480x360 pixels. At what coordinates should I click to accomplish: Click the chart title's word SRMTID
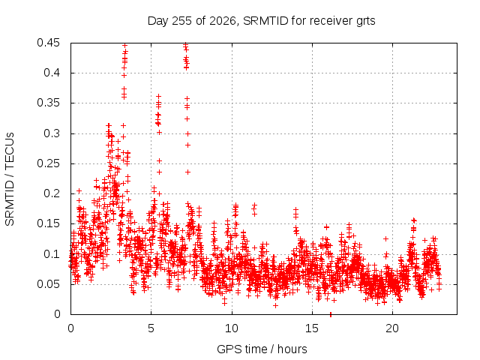(x=265, y=21)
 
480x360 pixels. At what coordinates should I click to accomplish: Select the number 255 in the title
(x=182, y=21)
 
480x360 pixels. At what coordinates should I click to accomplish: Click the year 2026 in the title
(x=223, y=21)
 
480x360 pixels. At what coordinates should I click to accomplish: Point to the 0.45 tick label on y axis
(x=48, y=43)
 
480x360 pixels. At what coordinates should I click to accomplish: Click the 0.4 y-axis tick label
(x=52, y=73)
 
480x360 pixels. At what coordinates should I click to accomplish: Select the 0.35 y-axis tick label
(x=48, y=103)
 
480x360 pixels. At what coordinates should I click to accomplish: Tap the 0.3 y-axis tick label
(x=52, y=133)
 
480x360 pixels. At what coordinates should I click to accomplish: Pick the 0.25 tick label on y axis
(x=48, y=163)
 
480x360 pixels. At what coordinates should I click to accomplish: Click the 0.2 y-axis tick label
(x=52, y=193)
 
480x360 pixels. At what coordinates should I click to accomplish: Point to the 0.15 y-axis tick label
(x=48, y=223)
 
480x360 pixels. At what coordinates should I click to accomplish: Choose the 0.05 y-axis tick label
(x=48, y=284)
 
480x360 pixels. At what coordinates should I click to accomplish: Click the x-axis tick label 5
(x=151, y=328)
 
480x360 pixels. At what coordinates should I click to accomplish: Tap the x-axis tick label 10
(x=232, y=328)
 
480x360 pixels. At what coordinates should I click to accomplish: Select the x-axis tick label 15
(x=312, y=328)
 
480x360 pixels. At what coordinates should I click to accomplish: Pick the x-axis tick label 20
(x=392, y=328)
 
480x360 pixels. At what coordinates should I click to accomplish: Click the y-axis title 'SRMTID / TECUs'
(x=10, y=179)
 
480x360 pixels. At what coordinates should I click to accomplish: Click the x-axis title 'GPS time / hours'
(x=262, y=349)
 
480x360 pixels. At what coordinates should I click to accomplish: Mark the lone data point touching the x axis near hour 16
(x=331, y=314)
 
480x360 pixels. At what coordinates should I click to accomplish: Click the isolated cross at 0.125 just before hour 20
(x=386, y=238)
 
